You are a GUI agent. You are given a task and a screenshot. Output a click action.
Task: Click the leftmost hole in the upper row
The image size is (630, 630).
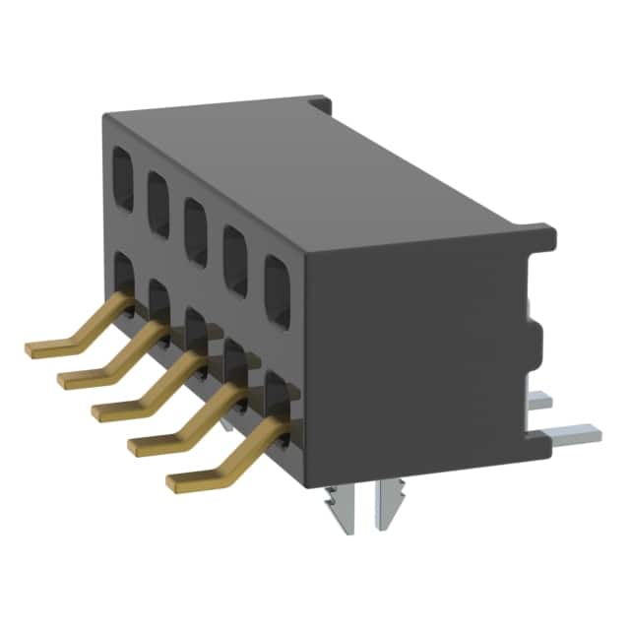tap(123, 178)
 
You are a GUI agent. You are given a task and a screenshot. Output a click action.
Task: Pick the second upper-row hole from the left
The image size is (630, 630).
tap(158, 197)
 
